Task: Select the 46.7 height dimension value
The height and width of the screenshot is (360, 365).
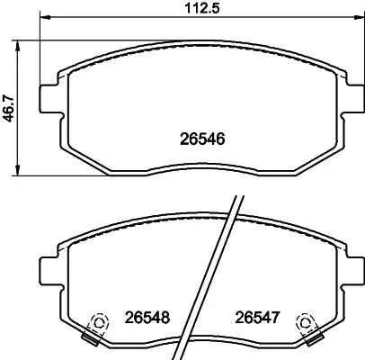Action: pyautogui.click(x=8, y=109)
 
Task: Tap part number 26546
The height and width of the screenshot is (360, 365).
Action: pyautogui.click(x=203, y=139)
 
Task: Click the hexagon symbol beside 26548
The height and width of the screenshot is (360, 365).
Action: pyautogui.click(x=100, y=321)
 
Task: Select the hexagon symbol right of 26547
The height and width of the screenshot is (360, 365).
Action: pyautogui.click(x=307, y=321)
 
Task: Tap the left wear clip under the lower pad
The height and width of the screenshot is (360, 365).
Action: pyautogui.click(x=89, y=337)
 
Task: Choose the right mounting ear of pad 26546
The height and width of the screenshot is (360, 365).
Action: pyautogui.click(x=345, y=93)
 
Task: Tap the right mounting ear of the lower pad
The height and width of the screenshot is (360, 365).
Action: pyautogui.click(x=345, y=267)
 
